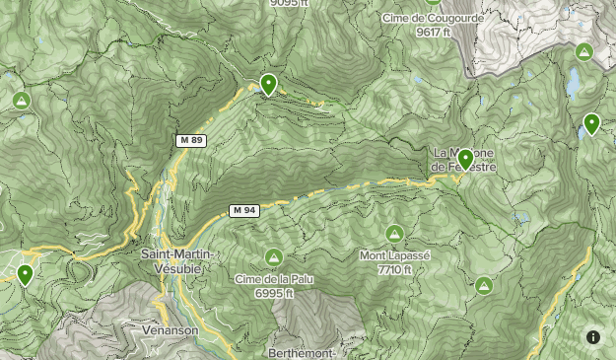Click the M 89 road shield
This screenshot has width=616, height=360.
tap(191, 141)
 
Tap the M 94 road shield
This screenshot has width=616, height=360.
tap(243, 210)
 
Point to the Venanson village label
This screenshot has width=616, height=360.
tap(170, 330)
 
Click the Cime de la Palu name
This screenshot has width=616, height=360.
tap(273, 279)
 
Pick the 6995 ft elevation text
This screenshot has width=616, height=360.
tap(274, 293)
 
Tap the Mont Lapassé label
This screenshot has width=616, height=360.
tap(394, 255)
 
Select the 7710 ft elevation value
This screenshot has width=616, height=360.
tap(394, 269)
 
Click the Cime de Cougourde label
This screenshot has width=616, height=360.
tap(433, 18)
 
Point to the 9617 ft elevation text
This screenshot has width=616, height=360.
tap(433, 32)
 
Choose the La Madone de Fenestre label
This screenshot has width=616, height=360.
tap(463, 161)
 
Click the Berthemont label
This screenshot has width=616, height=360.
tap(303, 353)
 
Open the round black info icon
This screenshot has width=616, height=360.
tap(593, 337)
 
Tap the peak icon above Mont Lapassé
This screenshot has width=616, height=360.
tap(394, 234)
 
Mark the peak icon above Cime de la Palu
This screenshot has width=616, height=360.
tap(273, 257)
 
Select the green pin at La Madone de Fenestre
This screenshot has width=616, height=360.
tap(466, 158)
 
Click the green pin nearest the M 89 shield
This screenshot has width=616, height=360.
tap(268, 85)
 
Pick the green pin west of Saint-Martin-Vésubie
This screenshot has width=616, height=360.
tap(25, 274)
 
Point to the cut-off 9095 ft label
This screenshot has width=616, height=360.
tap(289, 3)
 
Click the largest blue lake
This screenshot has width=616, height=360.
tap(573, 84)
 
